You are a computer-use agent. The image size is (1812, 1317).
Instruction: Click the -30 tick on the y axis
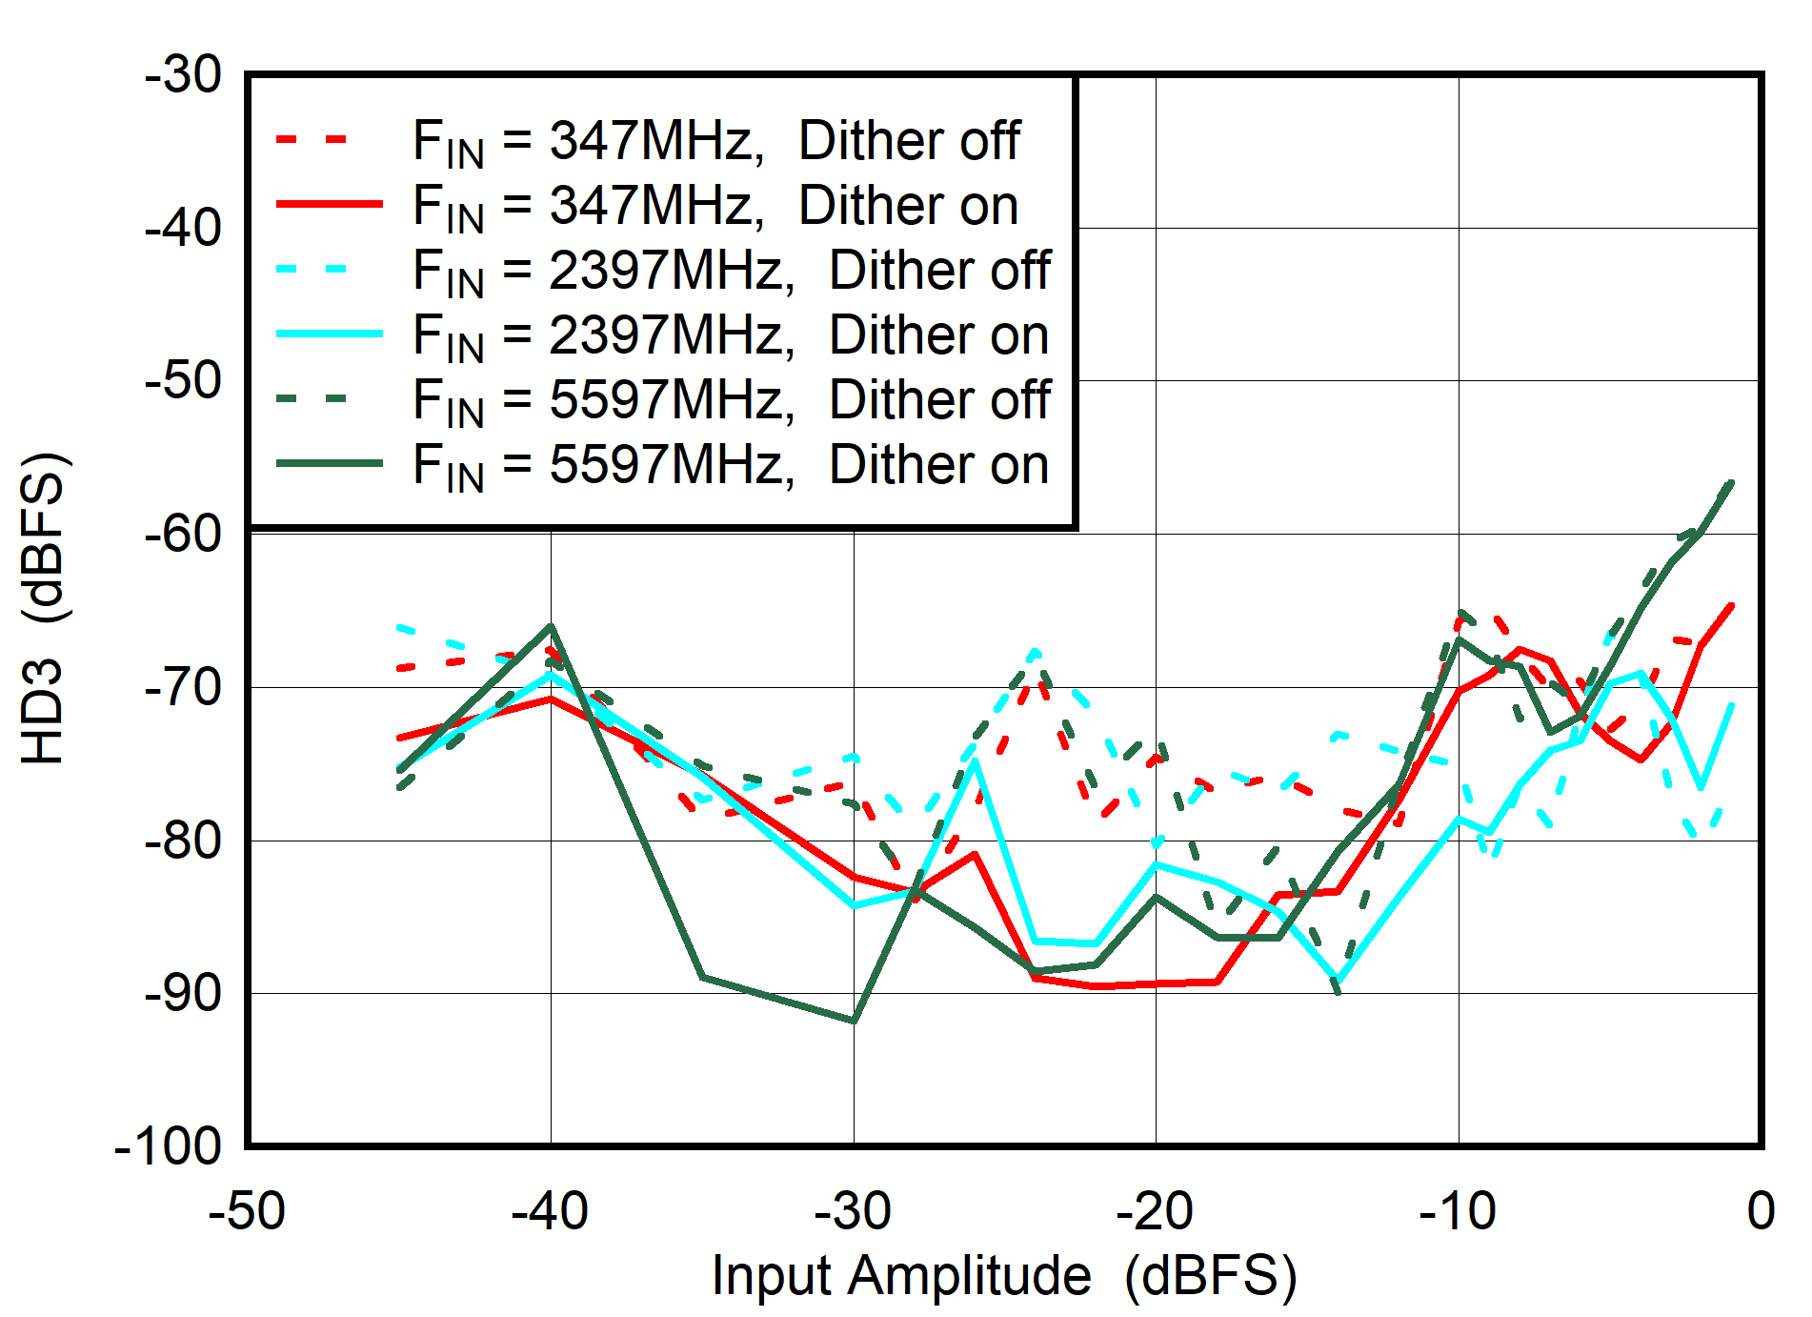pyautogui.click(x=183, y=76)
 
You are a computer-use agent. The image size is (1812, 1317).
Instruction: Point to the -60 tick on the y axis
pyautogui.click(x=183, y=535)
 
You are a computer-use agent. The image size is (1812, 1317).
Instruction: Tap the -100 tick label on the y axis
pyautogui.click(x=168, y=1146)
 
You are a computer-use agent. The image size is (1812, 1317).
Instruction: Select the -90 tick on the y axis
pyautogui.click(x=183, y=994)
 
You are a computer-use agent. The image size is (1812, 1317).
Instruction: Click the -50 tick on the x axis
pyautogui.click(x=247, y=1212)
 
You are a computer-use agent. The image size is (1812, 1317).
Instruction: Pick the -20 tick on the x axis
pyautogui.click(x=1156, y=1212)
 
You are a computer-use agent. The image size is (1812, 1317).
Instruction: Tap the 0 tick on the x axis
pyautogui.click(x=1760, y=1212)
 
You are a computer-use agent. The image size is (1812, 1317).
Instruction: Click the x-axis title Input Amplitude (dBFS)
pyautogui.click(x=1004, y=1276)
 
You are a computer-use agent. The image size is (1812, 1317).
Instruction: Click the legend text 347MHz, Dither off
pyautogui.click(x=716, y=142)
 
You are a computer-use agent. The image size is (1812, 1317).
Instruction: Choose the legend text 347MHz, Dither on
pyautogui.click(x=716, y=207)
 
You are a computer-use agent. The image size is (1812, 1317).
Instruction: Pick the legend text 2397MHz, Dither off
pyautogui.click(x=732, y=271)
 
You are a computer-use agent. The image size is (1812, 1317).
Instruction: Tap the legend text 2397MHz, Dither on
pyautogui.click(x=732, y=335)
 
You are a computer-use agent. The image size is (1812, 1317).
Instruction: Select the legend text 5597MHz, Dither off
pyautogui.click(x=732, y=400)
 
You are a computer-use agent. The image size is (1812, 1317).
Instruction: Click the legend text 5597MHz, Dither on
pyautogui.click(x=732, y=465)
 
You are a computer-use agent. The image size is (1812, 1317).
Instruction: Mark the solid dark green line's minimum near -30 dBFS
pyautogui.click(x=854, y=1021)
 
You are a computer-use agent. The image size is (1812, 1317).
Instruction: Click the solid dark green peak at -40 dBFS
pyautogui.click(x=551, y=626)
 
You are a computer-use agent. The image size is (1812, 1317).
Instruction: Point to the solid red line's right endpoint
pyautogui.click(x=1731, y=606)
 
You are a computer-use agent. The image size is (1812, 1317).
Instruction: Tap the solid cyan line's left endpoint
pyautogui.click(x=399, y=769)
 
